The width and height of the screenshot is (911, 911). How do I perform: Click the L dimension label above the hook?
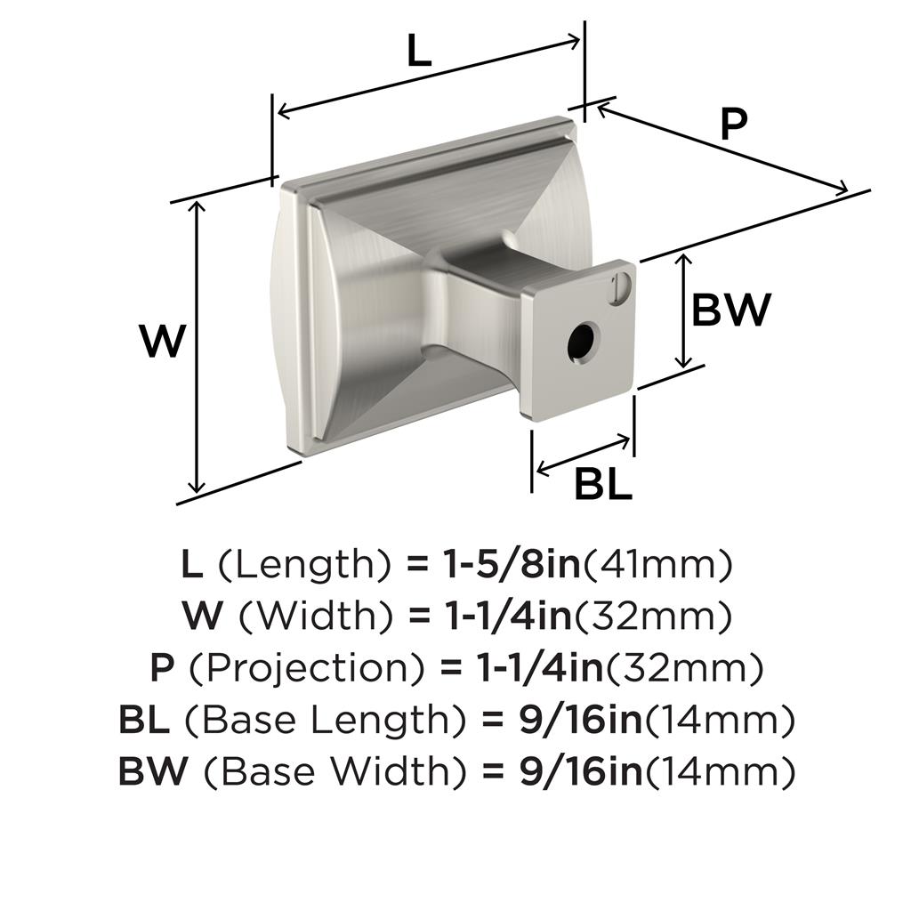point(419,51)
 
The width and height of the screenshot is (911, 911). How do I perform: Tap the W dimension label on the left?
point(163,341)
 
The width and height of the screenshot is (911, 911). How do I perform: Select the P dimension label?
point(734,125)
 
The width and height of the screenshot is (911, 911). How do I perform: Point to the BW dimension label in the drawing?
point(731,310)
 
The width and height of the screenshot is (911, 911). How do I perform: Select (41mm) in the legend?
point(657,565)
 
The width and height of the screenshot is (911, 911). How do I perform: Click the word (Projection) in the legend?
point(306,668)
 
